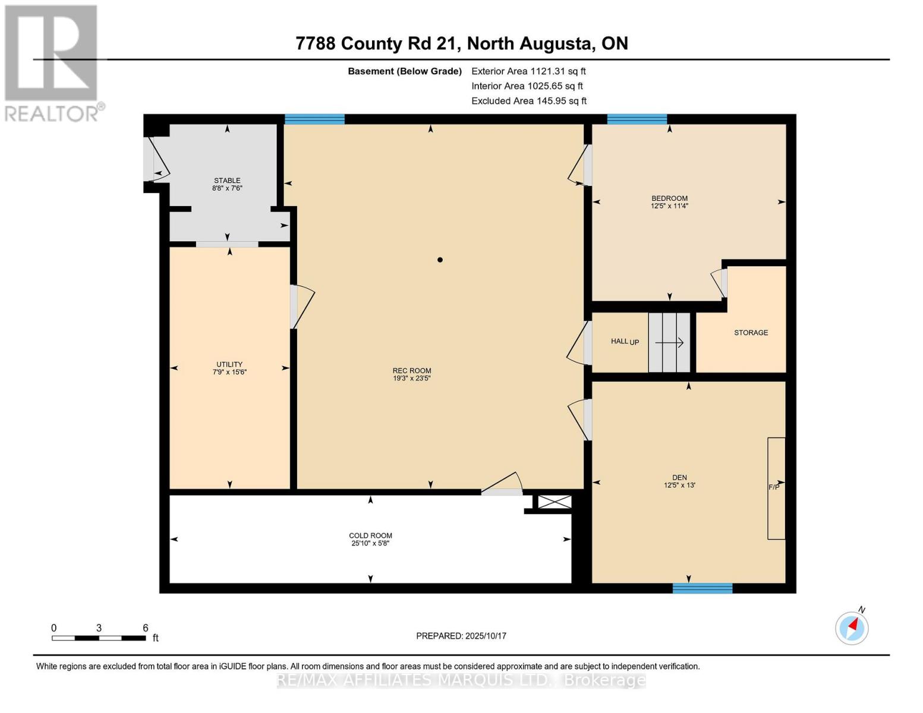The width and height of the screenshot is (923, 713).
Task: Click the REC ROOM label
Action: point(411,370)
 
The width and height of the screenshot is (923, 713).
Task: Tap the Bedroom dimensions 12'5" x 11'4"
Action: point(669,206)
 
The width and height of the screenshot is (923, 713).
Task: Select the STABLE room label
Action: point(227,180)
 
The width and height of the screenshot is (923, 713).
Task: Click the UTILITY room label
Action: point(229,364)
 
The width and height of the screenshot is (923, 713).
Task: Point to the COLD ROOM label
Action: point(370,535)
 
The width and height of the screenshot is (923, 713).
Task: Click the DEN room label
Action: point(679,477)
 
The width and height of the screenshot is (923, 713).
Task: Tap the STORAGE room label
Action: point(751,333)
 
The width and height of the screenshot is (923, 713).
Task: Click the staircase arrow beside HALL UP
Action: point(669,343)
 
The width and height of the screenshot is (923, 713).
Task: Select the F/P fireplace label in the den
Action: point(774,487)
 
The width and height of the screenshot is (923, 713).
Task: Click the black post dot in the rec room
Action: point(440,260)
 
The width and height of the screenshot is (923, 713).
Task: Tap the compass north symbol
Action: point(852,627)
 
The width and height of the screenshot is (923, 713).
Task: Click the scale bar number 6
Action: point(145,628)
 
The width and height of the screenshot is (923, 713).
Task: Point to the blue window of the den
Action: point(702,588)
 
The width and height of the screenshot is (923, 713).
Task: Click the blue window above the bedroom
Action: point(637,119)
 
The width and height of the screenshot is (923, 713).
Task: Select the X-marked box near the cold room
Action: point(555,502)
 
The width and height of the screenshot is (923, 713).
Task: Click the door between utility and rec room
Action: point(294,307)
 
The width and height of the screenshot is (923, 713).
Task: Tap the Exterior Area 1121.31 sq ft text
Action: point(528,71)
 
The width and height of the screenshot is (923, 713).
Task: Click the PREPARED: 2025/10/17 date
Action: point(461,636)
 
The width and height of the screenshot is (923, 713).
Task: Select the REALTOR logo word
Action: point(52,113)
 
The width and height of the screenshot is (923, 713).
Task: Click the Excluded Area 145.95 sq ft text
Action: point(529,101)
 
